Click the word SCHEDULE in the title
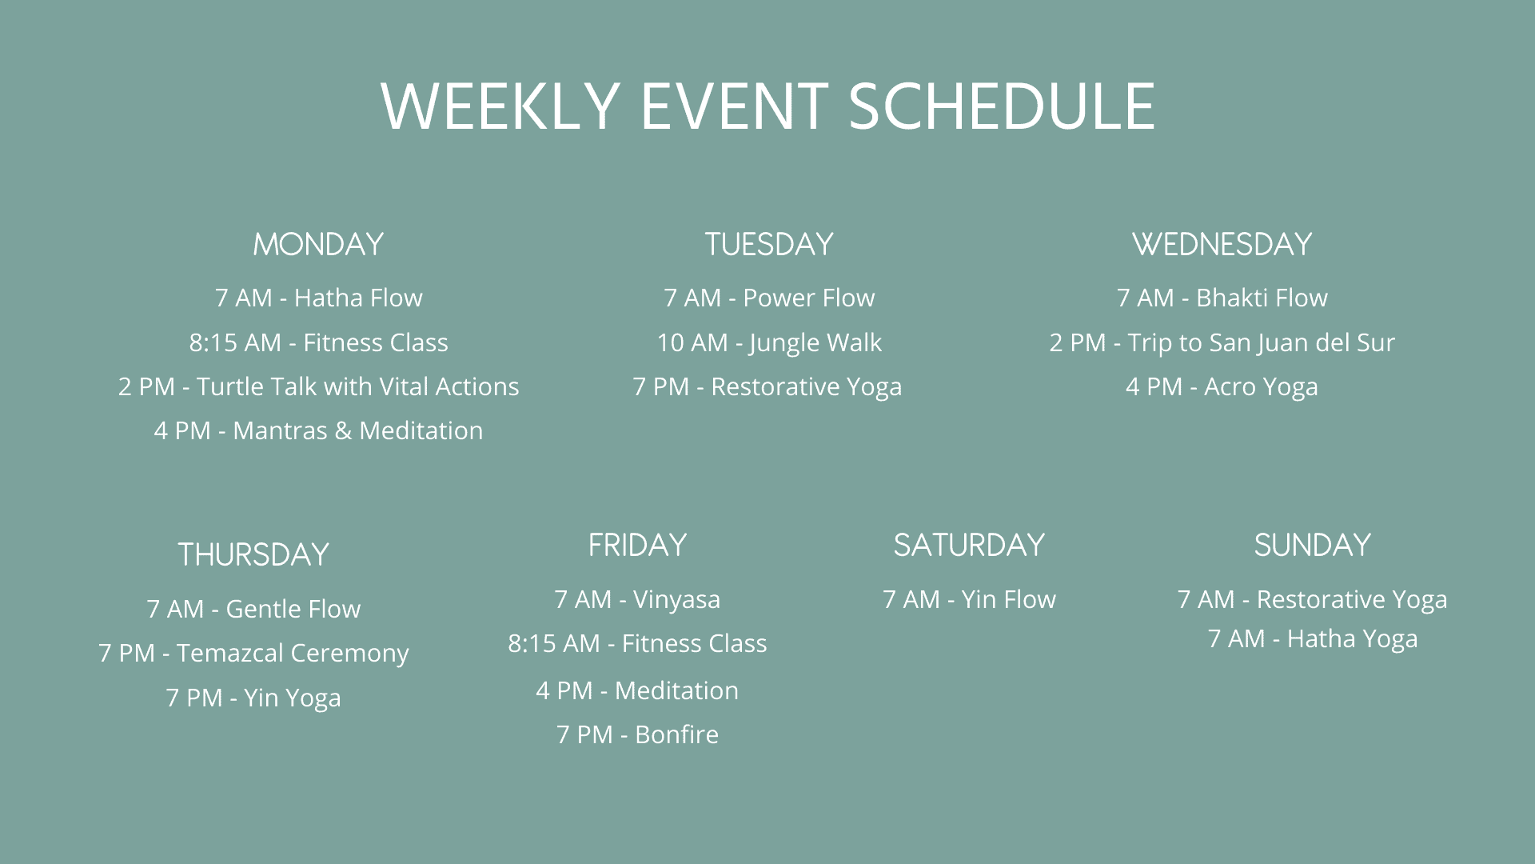(x=1002, y=106)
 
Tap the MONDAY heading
(x=318, y=244)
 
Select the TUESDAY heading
(x=769, y=244)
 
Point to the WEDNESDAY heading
(x=1222, y=244)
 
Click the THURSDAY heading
(x=253, y=554)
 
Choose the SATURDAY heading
(x=969, y=545)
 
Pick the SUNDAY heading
(x=1313, y=545)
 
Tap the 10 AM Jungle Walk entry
(x=769, y=343)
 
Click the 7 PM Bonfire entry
(x=637, y=734)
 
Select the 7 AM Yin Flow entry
(x=969, y=599)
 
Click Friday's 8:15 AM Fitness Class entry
(x=637, y=643)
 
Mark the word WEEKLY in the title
(x=500, y=106)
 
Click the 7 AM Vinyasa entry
(x=637, y=600)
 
